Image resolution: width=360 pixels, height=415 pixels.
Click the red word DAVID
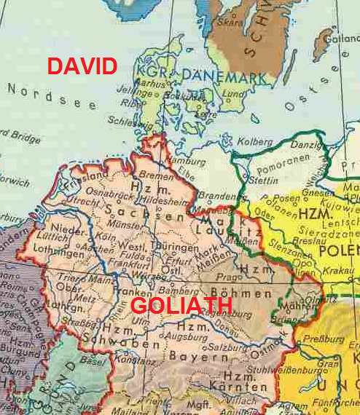(82, 66)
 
